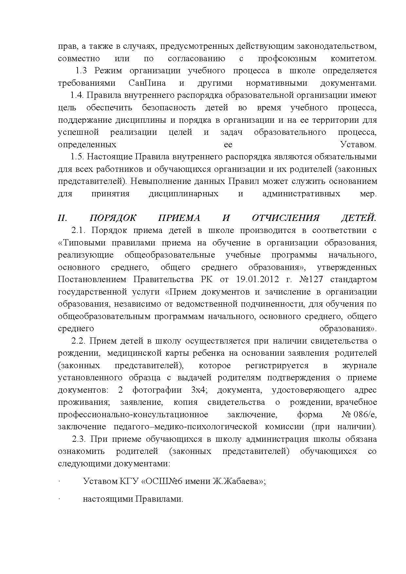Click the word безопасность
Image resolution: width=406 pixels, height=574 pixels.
pos(169,108)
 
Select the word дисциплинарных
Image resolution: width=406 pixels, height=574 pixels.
pos(183,194)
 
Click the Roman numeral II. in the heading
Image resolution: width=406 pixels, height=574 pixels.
pos(63,218)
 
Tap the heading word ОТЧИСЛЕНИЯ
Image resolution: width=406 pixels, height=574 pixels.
pos(286,218)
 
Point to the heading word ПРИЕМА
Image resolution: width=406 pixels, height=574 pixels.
pos(179,218)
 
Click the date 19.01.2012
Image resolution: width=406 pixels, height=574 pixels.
pos(257,279)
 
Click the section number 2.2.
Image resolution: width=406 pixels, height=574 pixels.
pos(78,341)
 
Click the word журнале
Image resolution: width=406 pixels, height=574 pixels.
pos(359,366)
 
